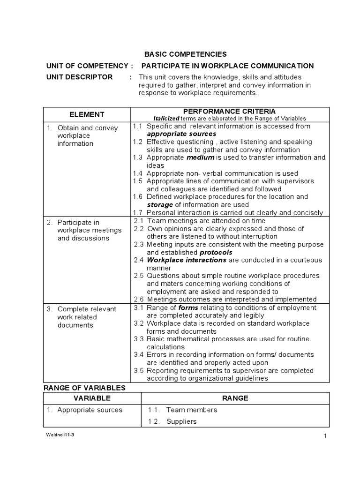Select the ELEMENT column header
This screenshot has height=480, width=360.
click(x=87, y=114)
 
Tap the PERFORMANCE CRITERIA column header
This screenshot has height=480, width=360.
click(x=229, y=111)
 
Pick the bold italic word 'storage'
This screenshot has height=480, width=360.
click(x=160, y=205)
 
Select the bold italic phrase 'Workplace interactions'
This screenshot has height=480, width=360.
click(x=187, y=260)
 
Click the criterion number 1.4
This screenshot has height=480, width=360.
click(x=137, y=173)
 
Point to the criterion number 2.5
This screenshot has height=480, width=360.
click(x=138, y=276)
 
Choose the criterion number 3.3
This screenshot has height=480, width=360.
click(x=138, y=339)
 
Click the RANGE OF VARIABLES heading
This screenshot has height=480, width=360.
click(x=84, y=388)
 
